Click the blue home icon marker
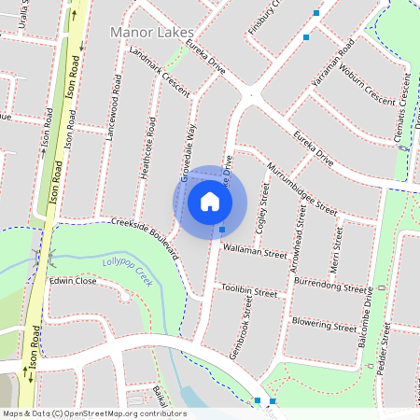click(210, 201)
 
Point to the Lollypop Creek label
click(127, 270)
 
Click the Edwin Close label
click(73, 280)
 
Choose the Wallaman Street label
click(255, 252)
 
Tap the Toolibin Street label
click(250, 292)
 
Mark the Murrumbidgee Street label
click(301, 188)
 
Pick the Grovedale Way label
click(189, 150)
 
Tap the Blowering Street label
click(324, 325)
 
